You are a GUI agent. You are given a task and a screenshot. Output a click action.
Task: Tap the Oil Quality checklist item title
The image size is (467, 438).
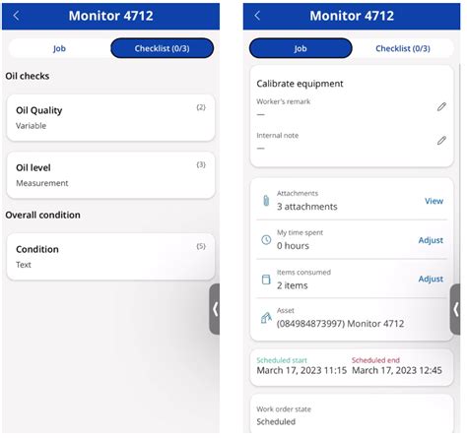point(38,110)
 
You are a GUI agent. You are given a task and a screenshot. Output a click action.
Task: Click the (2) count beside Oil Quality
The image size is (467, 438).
point(201,107)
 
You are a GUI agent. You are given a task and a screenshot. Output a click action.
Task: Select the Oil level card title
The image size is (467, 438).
point(33,167)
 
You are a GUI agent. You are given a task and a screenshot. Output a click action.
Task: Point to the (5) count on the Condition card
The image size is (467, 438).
point(201,246)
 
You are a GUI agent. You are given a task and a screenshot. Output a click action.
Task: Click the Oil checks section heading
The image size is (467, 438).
point(28,76)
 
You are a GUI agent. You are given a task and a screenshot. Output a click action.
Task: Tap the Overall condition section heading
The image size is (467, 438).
point(42,215)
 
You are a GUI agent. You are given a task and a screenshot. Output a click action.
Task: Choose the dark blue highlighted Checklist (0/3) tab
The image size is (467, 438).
point(161,48)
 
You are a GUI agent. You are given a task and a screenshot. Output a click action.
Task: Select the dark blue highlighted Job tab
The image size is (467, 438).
point(300,48)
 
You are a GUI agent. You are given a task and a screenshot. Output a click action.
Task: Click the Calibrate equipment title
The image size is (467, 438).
point(300,84)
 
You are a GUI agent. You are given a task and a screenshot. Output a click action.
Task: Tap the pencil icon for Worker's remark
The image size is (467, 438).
point(441,106)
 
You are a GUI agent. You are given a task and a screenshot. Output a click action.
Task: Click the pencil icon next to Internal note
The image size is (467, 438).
point(441,141)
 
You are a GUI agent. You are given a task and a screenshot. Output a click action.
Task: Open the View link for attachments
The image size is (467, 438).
point(434,201)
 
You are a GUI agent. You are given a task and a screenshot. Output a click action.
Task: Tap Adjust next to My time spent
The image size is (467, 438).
point(431,240)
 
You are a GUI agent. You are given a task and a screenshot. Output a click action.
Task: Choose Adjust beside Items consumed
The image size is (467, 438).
point(431,280)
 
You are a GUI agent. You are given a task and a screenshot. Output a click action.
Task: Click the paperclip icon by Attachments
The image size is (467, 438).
point(265,201)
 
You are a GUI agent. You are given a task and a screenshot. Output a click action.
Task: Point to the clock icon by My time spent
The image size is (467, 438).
point(265,240)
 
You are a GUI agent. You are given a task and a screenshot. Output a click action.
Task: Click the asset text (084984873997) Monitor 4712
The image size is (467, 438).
point(340,324)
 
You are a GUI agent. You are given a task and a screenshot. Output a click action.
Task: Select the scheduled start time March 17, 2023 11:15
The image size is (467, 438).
point(300,371)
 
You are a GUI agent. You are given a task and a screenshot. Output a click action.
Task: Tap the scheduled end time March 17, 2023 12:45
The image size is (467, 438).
point(396,371)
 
